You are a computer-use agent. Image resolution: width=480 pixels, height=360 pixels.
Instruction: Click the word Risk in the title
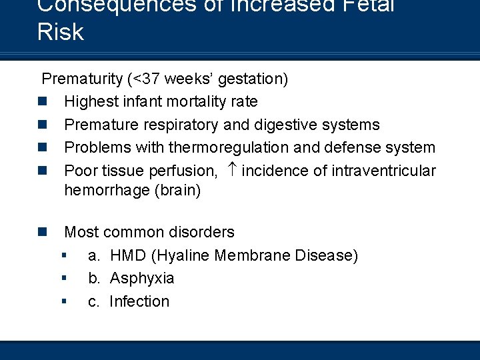[61, 32]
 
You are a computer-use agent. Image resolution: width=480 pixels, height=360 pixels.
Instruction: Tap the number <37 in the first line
[145, 79]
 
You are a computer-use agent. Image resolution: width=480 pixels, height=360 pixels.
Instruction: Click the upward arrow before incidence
[231, 170]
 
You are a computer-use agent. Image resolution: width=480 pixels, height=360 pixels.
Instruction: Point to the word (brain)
[176, 190]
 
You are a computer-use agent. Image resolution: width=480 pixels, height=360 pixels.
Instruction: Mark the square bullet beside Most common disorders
[42, 232]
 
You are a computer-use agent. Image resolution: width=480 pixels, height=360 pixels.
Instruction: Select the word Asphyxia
[142, 278]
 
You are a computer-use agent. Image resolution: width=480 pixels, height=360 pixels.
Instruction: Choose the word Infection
[139, 301]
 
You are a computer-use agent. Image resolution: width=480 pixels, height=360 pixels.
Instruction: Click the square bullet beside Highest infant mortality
[42, 102]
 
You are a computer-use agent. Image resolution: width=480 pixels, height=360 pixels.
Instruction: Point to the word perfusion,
[181, 171]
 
